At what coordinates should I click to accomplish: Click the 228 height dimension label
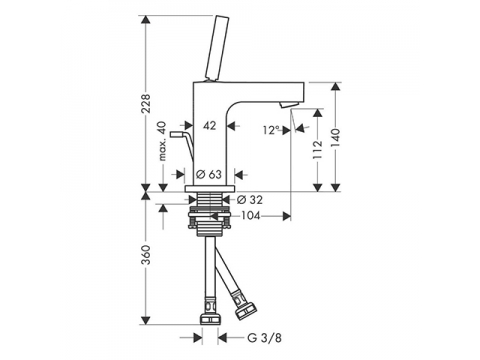coord(146,104)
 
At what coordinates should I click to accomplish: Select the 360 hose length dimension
coord(146,255)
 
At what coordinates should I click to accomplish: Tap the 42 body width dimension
coord(210,126)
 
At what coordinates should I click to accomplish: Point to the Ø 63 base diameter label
coord(209,174)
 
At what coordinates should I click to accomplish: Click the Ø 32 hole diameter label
coord(250,200)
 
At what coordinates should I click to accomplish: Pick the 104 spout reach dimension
coord(251,216)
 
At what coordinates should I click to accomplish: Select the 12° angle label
coord(271,130)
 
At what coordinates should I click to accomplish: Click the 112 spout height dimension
coord(318,149)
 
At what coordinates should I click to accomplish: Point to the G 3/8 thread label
coord(264,338)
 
